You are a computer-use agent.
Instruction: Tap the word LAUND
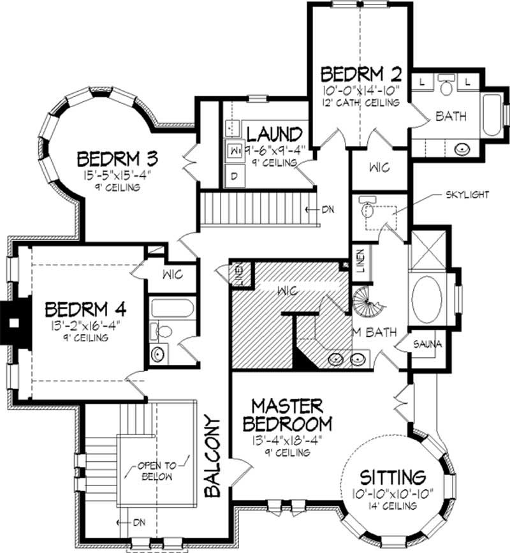coord(274,135)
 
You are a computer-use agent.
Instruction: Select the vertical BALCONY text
coord(213,455)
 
